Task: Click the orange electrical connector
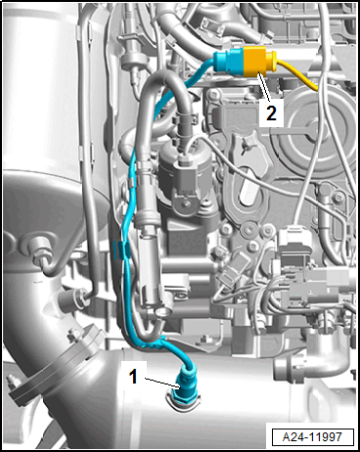255,61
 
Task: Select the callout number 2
271,113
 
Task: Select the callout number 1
133,377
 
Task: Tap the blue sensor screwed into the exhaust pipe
185,386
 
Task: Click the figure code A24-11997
312,437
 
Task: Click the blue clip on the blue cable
121,249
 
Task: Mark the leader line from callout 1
161,383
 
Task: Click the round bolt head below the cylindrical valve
186,203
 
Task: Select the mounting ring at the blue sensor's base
183,402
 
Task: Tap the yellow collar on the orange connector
272,61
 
